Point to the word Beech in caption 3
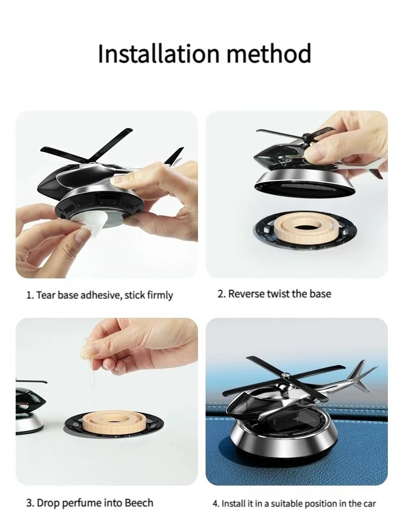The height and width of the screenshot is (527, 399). (x=136, y=503)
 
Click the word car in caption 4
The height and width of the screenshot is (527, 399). (x=369, y=503)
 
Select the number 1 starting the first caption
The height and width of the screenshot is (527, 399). (x=29, y=295)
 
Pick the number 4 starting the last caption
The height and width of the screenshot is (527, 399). (x=215, y=503)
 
